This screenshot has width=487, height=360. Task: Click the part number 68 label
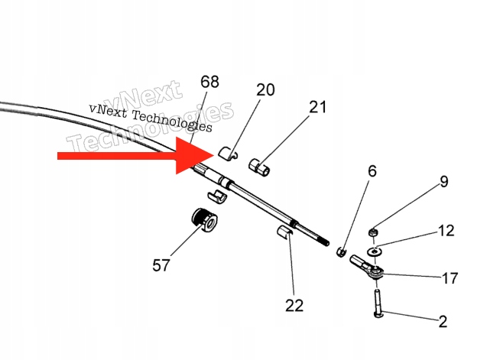pos(209,82)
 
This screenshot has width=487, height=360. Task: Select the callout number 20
pos(265,89)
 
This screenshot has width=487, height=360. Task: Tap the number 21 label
pos(317,106)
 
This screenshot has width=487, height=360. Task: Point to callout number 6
pos(372,171)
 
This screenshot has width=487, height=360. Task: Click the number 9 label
pos(443,182)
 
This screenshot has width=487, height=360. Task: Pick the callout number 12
pos(446,230)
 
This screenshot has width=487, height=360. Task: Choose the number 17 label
pos(450,278)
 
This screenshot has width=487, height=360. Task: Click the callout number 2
pos(442,322)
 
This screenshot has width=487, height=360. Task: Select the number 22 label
pos(294,305)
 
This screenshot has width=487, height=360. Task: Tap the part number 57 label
pos(161,265)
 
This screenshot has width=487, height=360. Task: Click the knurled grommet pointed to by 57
pos(204,220)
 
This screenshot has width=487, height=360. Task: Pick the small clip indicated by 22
pos(284,232)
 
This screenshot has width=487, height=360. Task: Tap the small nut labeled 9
pos(374,232)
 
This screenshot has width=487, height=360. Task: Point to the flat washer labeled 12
pos(375,250)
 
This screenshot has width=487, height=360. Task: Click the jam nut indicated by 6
pos(341,251)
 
